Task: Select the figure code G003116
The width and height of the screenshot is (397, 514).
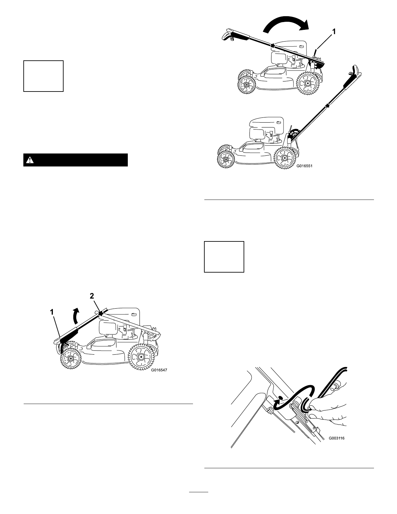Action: tap(336, 438)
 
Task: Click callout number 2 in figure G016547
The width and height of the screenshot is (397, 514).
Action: tap(92, 296)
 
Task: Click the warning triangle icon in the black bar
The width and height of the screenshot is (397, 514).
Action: tap(30, 160)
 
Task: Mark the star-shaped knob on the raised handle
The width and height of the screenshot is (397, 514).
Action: tap(328, 105)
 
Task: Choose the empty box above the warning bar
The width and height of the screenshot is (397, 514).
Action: tap(43, 76)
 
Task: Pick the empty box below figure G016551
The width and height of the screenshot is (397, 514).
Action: tap(224, 257)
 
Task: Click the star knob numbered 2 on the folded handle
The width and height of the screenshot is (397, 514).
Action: tap(101, 313)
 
